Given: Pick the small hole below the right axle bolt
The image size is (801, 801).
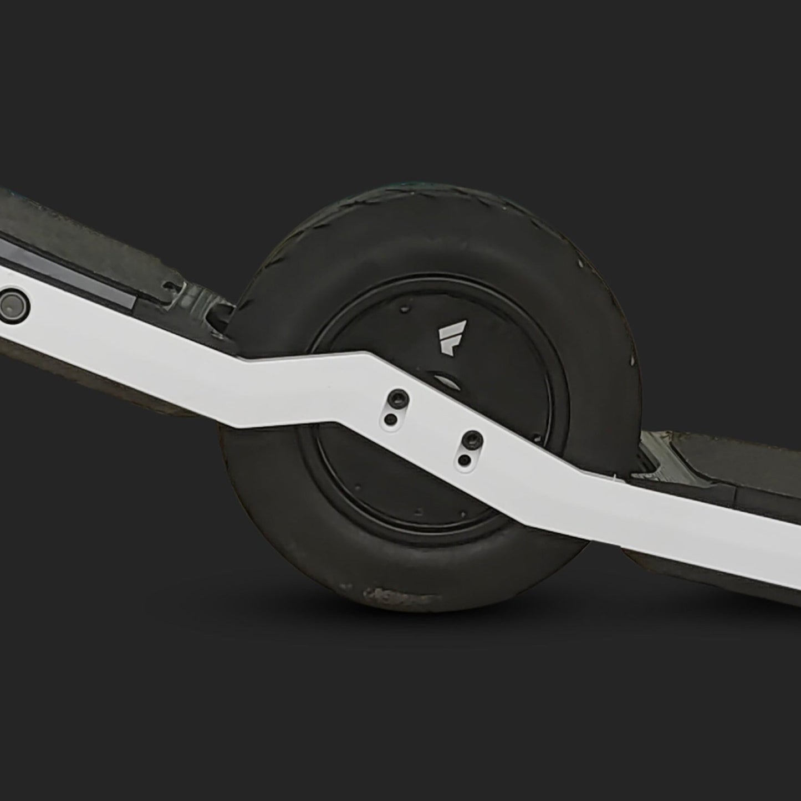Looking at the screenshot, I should point(463,460).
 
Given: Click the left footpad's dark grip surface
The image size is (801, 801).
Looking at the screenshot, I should point(83,222).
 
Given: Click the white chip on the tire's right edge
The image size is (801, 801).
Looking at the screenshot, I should point(630,361).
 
